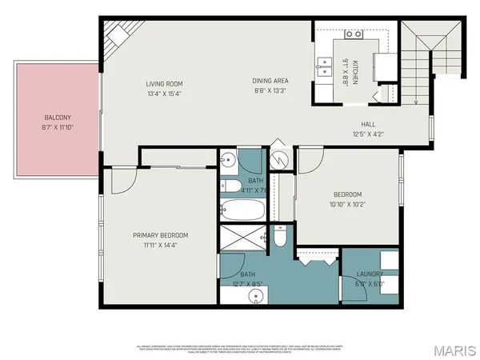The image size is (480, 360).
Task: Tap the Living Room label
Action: [x=165, y=84]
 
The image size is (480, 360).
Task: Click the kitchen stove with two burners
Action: [x=353, y=35]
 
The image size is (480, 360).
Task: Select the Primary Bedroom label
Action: [x=160, y=235]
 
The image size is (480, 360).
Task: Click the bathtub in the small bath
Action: [x=243, y=212]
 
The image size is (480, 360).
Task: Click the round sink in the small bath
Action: [x=228, y=158]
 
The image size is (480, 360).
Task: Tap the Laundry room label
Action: [x=370, y=275]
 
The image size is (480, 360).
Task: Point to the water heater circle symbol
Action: [x=279, y=158]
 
